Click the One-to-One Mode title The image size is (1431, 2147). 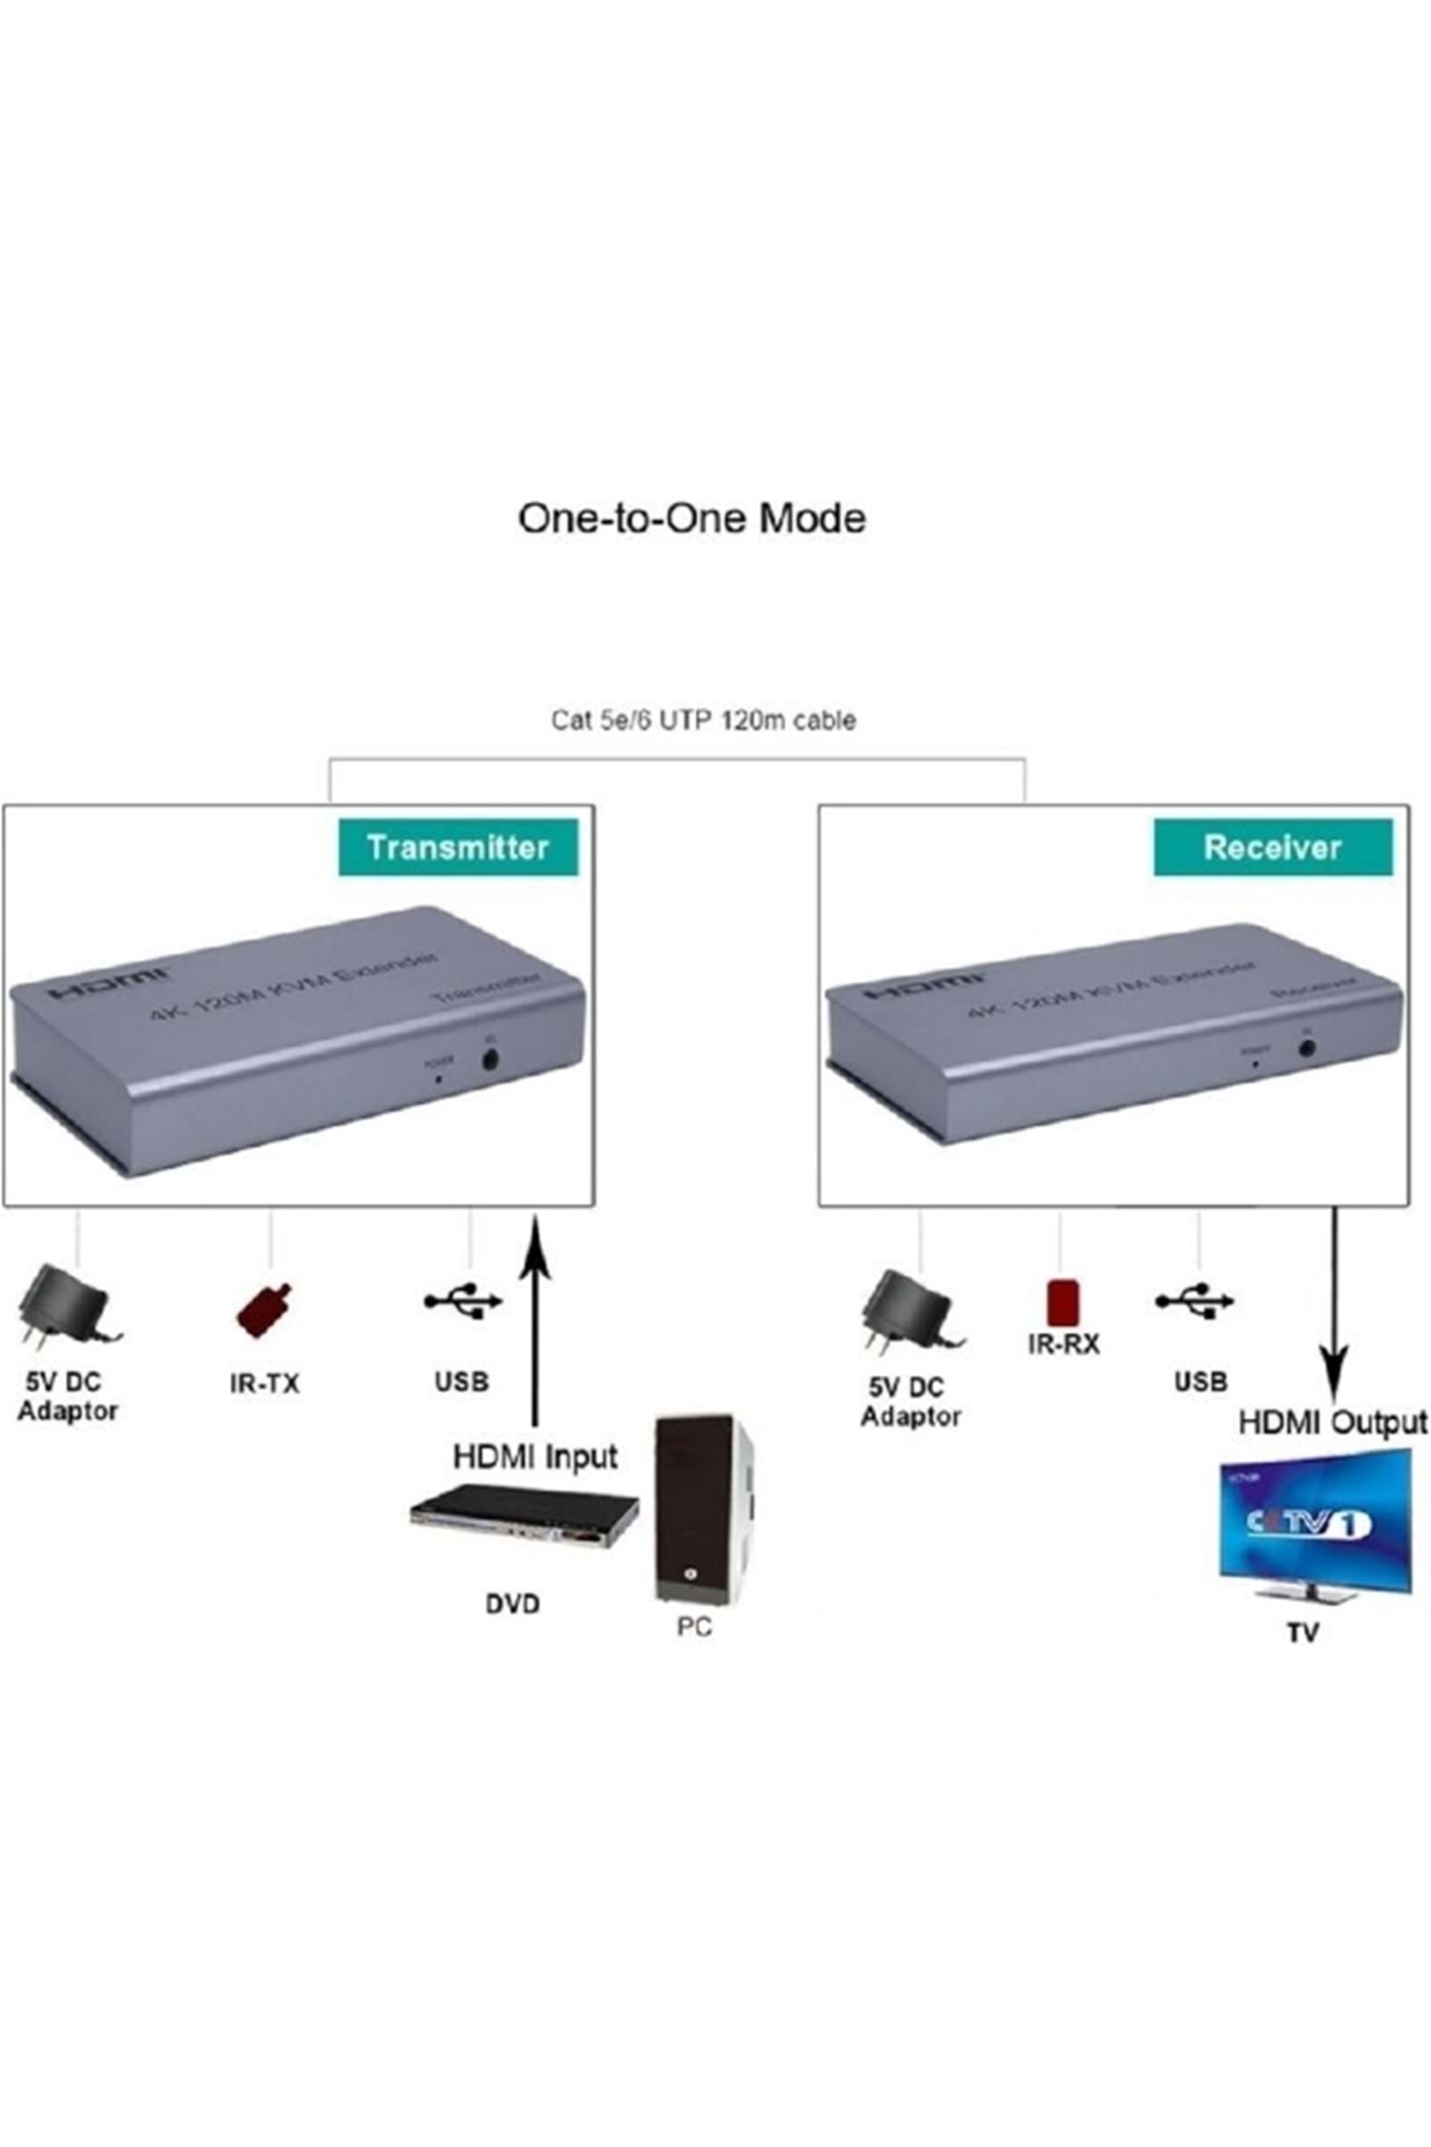click(x=692, y=518)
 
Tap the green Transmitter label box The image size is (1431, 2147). click(x=458, y=846)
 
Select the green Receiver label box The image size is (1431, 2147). click(x=1272, y=846)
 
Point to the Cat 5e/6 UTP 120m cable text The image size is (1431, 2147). click(x=703, y=719)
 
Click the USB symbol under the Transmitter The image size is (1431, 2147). click(x=463, y=1300)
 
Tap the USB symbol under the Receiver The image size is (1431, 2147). click(x=1194, y=1300)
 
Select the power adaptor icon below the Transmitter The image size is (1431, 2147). click(x=67, y=1307)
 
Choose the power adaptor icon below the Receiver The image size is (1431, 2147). click(x=911, y=1310)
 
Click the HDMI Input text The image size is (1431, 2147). click(x=535, y=1457)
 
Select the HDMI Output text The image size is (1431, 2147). click(x=1333, y=1423)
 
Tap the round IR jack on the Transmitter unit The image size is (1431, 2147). click(x=491, y=1058)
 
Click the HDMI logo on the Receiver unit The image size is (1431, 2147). click(x=923, y=987)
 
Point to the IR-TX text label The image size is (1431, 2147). click(x=264, y=1383)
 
